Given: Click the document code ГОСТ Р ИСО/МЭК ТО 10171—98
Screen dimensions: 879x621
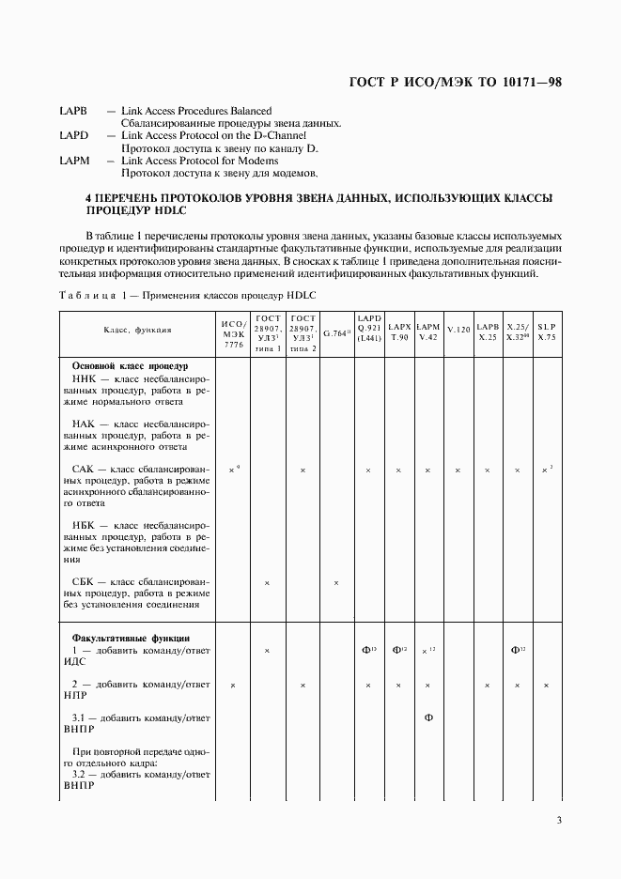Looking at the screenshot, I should [456, 82].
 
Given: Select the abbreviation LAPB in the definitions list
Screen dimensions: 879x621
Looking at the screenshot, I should [73, 111].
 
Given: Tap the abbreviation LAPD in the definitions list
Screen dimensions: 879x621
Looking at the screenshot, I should [73, 135].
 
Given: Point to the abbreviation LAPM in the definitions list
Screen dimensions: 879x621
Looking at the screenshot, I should [73, 161].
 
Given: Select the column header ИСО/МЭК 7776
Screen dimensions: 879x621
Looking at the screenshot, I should [233, 332].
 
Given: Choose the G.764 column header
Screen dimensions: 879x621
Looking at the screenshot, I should [336, 332].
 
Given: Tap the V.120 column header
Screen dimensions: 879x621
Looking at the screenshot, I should [458, 332].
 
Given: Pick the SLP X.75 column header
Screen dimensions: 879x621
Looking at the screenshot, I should [546, 330].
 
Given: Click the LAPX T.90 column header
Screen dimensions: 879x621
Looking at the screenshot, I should [398, 330].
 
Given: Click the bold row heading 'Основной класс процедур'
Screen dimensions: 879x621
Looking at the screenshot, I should [131, 365].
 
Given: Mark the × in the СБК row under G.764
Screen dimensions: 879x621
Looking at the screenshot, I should [336, 583].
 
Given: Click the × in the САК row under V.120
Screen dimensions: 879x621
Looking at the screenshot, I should [458, 470].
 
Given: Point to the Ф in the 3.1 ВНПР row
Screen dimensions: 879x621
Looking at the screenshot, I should [428, 718].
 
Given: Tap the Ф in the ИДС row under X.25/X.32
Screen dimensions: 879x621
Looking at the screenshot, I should [516, 650].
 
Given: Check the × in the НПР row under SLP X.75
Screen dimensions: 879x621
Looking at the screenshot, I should [546, 686].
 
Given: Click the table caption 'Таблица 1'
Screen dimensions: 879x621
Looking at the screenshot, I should [85, 296].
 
